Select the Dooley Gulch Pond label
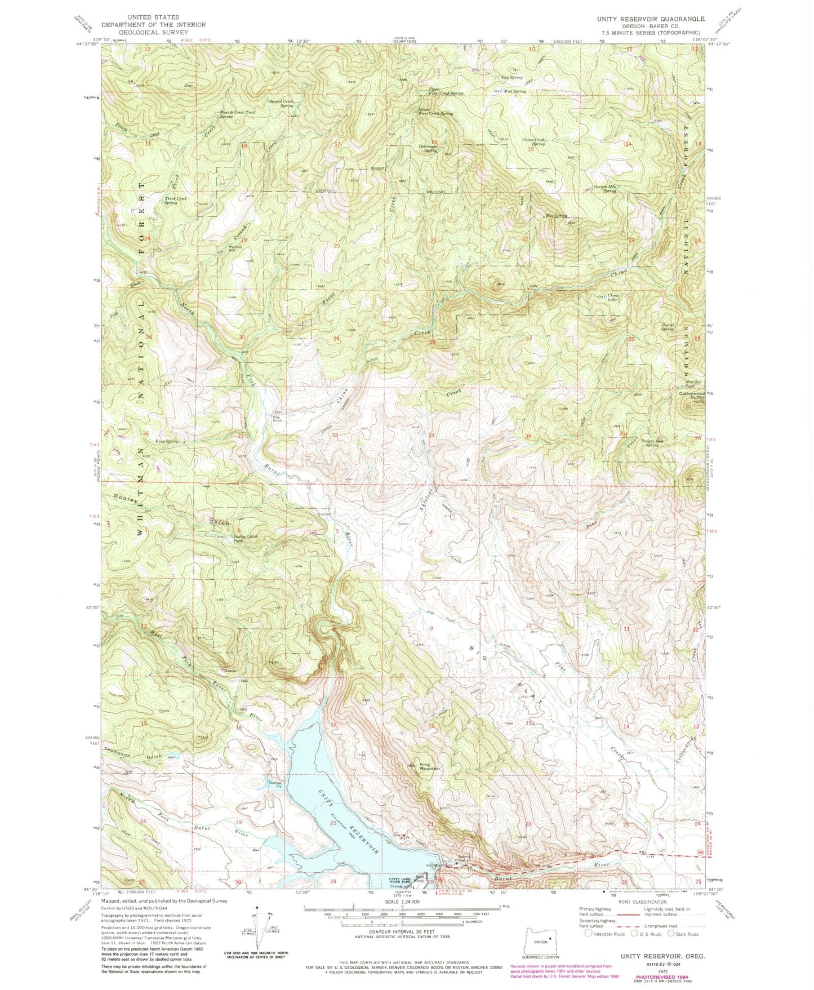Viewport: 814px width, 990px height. click(x=245, y=539)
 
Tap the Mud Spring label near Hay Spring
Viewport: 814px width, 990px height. click(x=515, y=91)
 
